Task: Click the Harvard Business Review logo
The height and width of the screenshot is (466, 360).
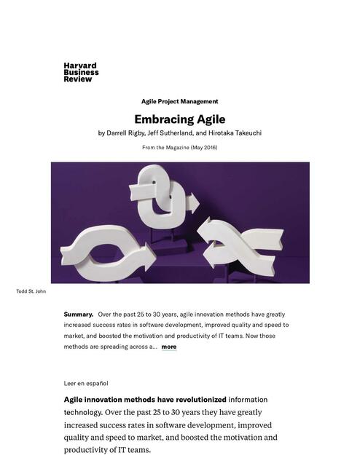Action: (81, 72)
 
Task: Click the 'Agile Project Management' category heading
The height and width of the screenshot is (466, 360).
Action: (179, 101)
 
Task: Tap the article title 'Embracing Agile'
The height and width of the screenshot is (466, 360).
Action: (179, 119)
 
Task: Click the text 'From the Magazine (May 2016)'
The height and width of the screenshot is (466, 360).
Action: (179, 148)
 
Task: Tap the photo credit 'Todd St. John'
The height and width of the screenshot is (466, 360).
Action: (31, 291)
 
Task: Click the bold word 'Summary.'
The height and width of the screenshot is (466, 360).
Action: (79, 314)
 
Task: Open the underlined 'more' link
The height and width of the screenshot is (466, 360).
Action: (168, 347)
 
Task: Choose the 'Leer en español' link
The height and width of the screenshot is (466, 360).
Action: (86, 382)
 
